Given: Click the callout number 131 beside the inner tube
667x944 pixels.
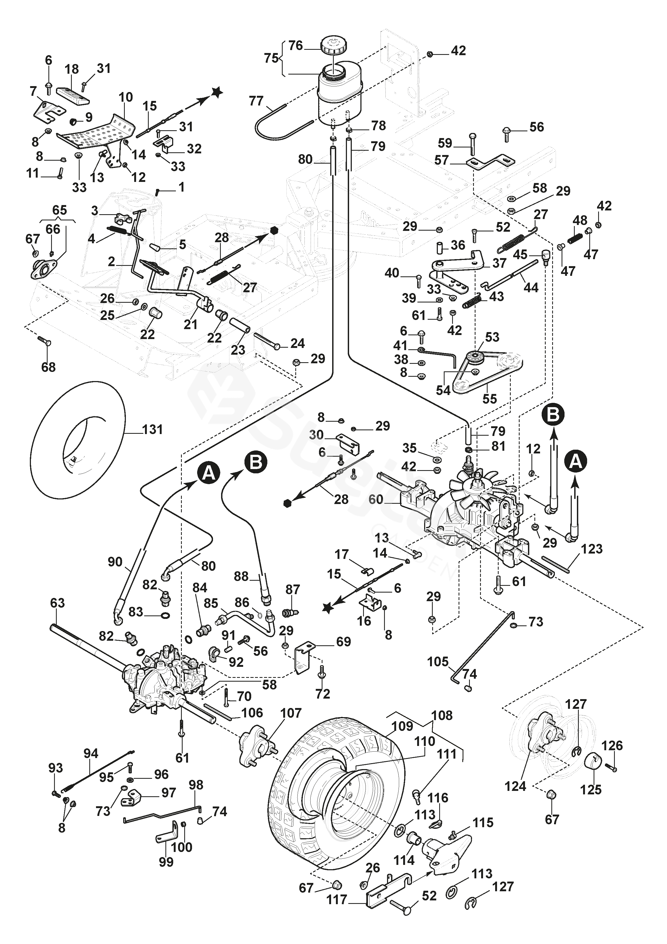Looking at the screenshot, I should (152, 430).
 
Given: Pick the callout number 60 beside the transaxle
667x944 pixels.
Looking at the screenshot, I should (376, 499).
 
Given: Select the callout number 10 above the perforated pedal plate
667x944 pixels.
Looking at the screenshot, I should (126, 97).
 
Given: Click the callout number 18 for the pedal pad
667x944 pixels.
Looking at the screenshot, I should (72, 69).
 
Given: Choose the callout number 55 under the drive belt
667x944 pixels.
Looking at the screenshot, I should (489, 399).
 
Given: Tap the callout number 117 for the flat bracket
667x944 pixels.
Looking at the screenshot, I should (336, 900).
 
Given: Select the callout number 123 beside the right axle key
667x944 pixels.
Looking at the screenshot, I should (591, 548).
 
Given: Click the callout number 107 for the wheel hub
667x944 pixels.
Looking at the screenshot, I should (291, 713).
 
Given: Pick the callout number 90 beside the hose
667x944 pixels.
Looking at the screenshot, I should (115, 562).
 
